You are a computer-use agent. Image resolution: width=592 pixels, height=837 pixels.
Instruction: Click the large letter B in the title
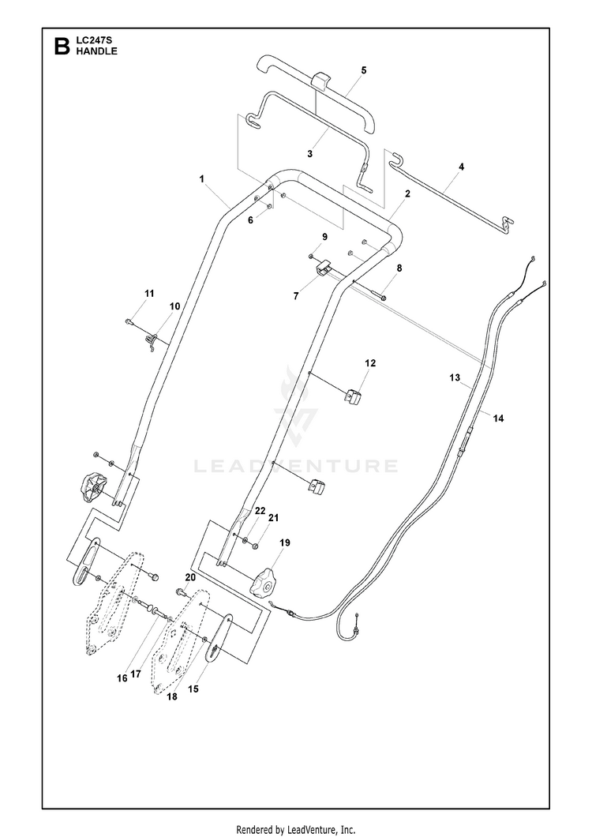click(62, 47)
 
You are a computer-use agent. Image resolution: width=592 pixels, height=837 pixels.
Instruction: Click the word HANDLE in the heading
click(96, 51)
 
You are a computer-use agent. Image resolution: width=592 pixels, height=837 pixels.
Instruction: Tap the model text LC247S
click(92, 40)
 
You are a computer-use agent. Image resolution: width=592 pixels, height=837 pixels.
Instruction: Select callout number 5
click(364, 70)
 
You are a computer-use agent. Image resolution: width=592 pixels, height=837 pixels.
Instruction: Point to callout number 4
click(461, 167)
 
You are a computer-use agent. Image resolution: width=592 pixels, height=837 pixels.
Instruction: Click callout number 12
click(370, 363)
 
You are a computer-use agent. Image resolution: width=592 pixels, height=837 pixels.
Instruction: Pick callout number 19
click(285, 543)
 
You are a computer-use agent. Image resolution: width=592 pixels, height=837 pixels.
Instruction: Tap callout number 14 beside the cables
click(498, 418)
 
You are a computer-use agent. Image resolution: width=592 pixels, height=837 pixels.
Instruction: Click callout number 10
click(175, 306)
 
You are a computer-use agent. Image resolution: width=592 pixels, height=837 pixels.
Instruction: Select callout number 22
click(260, 511)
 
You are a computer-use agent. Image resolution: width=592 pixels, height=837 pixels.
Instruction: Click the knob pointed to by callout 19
click(264, 583)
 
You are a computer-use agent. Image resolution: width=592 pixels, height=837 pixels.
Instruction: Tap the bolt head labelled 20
click(181, 591)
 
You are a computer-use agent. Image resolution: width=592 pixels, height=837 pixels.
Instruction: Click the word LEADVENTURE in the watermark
click(295, 466)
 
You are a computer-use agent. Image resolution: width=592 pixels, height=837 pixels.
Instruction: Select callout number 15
click(193, 689)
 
